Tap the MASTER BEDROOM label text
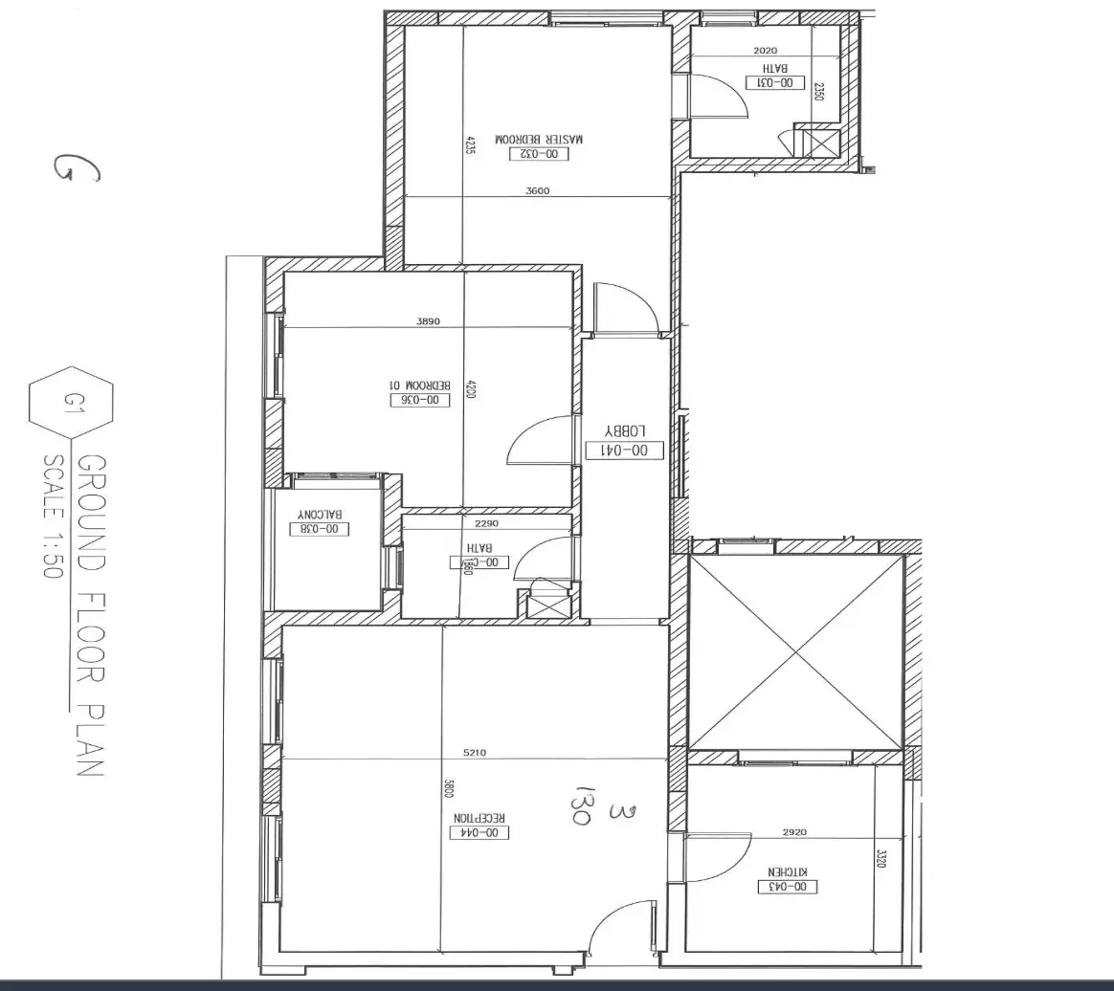coord(539,140)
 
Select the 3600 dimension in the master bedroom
coord(538,190)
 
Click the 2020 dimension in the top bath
coord(766,51)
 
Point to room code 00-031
coord(776,83)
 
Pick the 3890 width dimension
coord(428,321)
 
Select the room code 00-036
coord(420,400)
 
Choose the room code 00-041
coord(625,450)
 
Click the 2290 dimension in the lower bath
coord(487,523)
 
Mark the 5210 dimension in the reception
coord(475,753)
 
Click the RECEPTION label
coord(479,818)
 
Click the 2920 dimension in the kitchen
coord(794,832)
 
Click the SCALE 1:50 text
coord(52,516)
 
